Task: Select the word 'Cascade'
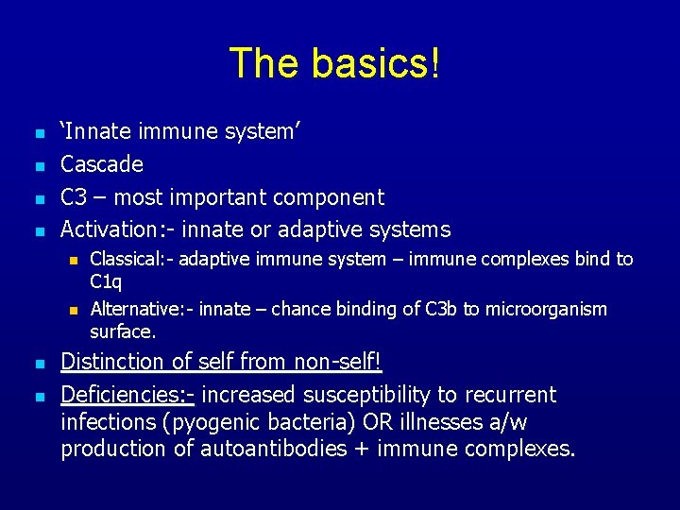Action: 102,164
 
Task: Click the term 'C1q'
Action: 106,280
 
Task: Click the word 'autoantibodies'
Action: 272,449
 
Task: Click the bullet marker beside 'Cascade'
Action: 38,166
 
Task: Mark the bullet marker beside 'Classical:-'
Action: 72,260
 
